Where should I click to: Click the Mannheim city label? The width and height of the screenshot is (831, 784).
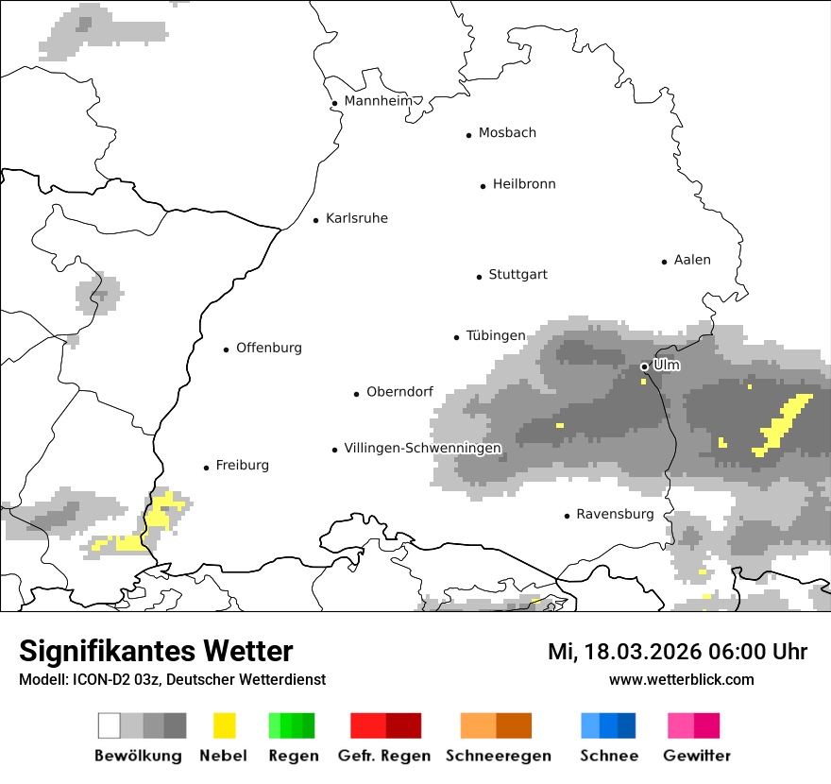(378, 101)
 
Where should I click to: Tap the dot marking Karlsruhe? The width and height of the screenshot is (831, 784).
(316, 220)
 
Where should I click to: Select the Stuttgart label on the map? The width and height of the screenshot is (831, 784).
(517, 275)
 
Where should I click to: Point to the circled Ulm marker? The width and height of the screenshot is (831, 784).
(645, 366)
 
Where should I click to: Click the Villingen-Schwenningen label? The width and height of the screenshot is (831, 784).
(422, 448)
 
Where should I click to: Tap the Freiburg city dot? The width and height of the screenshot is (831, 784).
(206, 468)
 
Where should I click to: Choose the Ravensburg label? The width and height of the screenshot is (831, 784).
(615, 515)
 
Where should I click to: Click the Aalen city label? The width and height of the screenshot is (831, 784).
(692, 260)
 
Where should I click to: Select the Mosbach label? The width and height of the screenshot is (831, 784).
(507, 133)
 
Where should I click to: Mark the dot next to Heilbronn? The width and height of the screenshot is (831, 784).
(483, 186)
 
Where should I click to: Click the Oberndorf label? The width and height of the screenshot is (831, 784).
(399, 392)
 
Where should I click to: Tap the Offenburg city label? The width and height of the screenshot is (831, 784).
(269, 348)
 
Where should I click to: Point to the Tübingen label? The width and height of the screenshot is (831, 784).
(496, 335)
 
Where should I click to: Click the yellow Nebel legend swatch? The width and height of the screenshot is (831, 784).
(224, 725)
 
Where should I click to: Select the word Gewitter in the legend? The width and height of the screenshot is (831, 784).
(697, 756)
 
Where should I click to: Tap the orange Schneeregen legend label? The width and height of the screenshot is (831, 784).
(499, 756)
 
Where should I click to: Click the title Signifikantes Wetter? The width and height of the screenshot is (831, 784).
(156, 651)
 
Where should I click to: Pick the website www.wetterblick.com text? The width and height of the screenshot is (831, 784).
(681, 679)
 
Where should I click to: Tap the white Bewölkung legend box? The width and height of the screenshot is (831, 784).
(110, 725)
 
